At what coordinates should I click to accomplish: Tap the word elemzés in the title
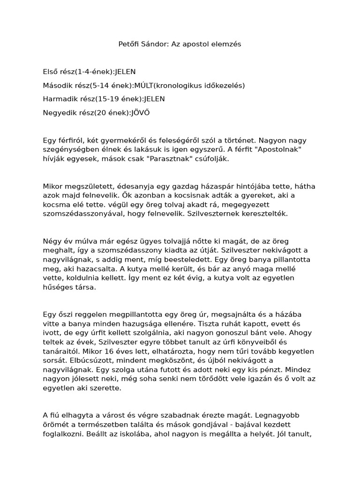tap(227, 44)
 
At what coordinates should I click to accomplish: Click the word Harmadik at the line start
tap(59, 99)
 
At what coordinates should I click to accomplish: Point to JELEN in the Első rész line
tap(125, 72)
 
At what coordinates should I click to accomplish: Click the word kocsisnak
tap(147, 195)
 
